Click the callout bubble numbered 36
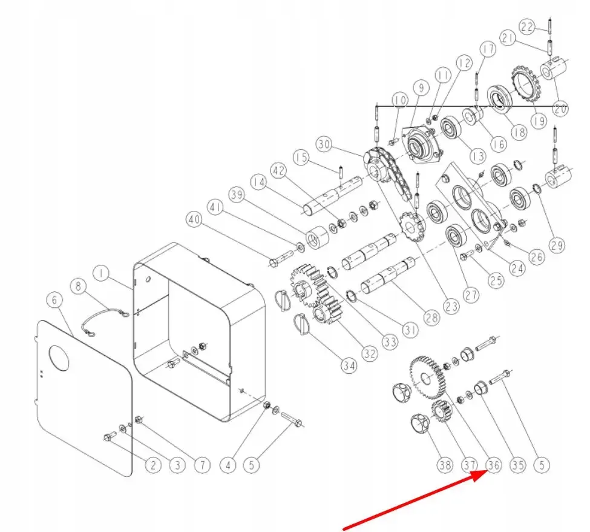tap(494, 465)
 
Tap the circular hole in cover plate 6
tap(59, 357)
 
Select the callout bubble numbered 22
tap(527, 27)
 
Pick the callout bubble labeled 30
tap(324, 145)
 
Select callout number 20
tap(560, 110)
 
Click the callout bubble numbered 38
tap(445, 465)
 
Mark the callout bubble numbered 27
tap(470, 294)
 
